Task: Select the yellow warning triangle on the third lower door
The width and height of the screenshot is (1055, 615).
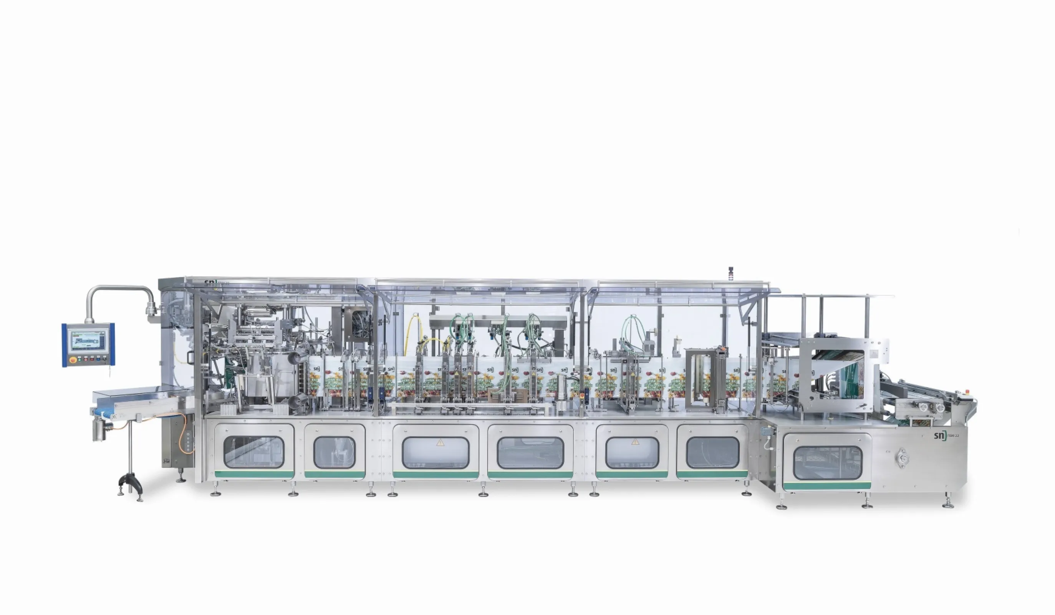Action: click(440, 442)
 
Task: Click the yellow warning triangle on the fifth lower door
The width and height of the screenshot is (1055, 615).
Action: click(635, 442)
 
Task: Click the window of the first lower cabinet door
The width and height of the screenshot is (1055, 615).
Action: click(254, 452)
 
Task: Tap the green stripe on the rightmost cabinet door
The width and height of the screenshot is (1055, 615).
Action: click(827, 486)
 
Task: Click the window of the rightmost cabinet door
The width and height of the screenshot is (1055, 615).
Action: click(827, 462)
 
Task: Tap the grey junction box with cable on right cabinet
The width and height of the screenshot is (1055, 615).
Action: click(766, 432)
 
